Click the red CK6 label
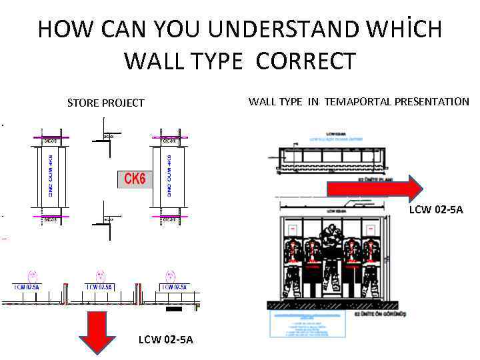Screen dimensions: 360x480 pos(136,179)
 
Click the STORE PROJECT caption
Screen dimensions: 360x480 pos(105,103)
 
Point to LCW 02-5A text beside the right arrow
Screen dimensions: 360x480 pos(435,210)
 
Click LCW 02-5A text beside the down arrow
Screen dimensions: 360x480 pos(165,340)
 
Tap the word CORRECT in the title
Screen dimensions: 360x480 pos(305,61)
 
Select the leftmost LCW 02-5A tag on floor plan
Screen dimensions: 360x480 pos(28,287)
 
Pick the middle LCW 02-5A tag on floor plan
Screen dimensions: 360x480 pos(100,287)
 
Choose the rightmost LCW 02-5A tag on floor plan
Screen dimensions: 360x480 pos(175,287)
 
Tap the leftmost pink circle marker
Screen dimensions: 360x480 pos(32,275)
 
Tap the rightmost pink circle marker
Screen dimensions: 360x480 pos(171,275)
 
